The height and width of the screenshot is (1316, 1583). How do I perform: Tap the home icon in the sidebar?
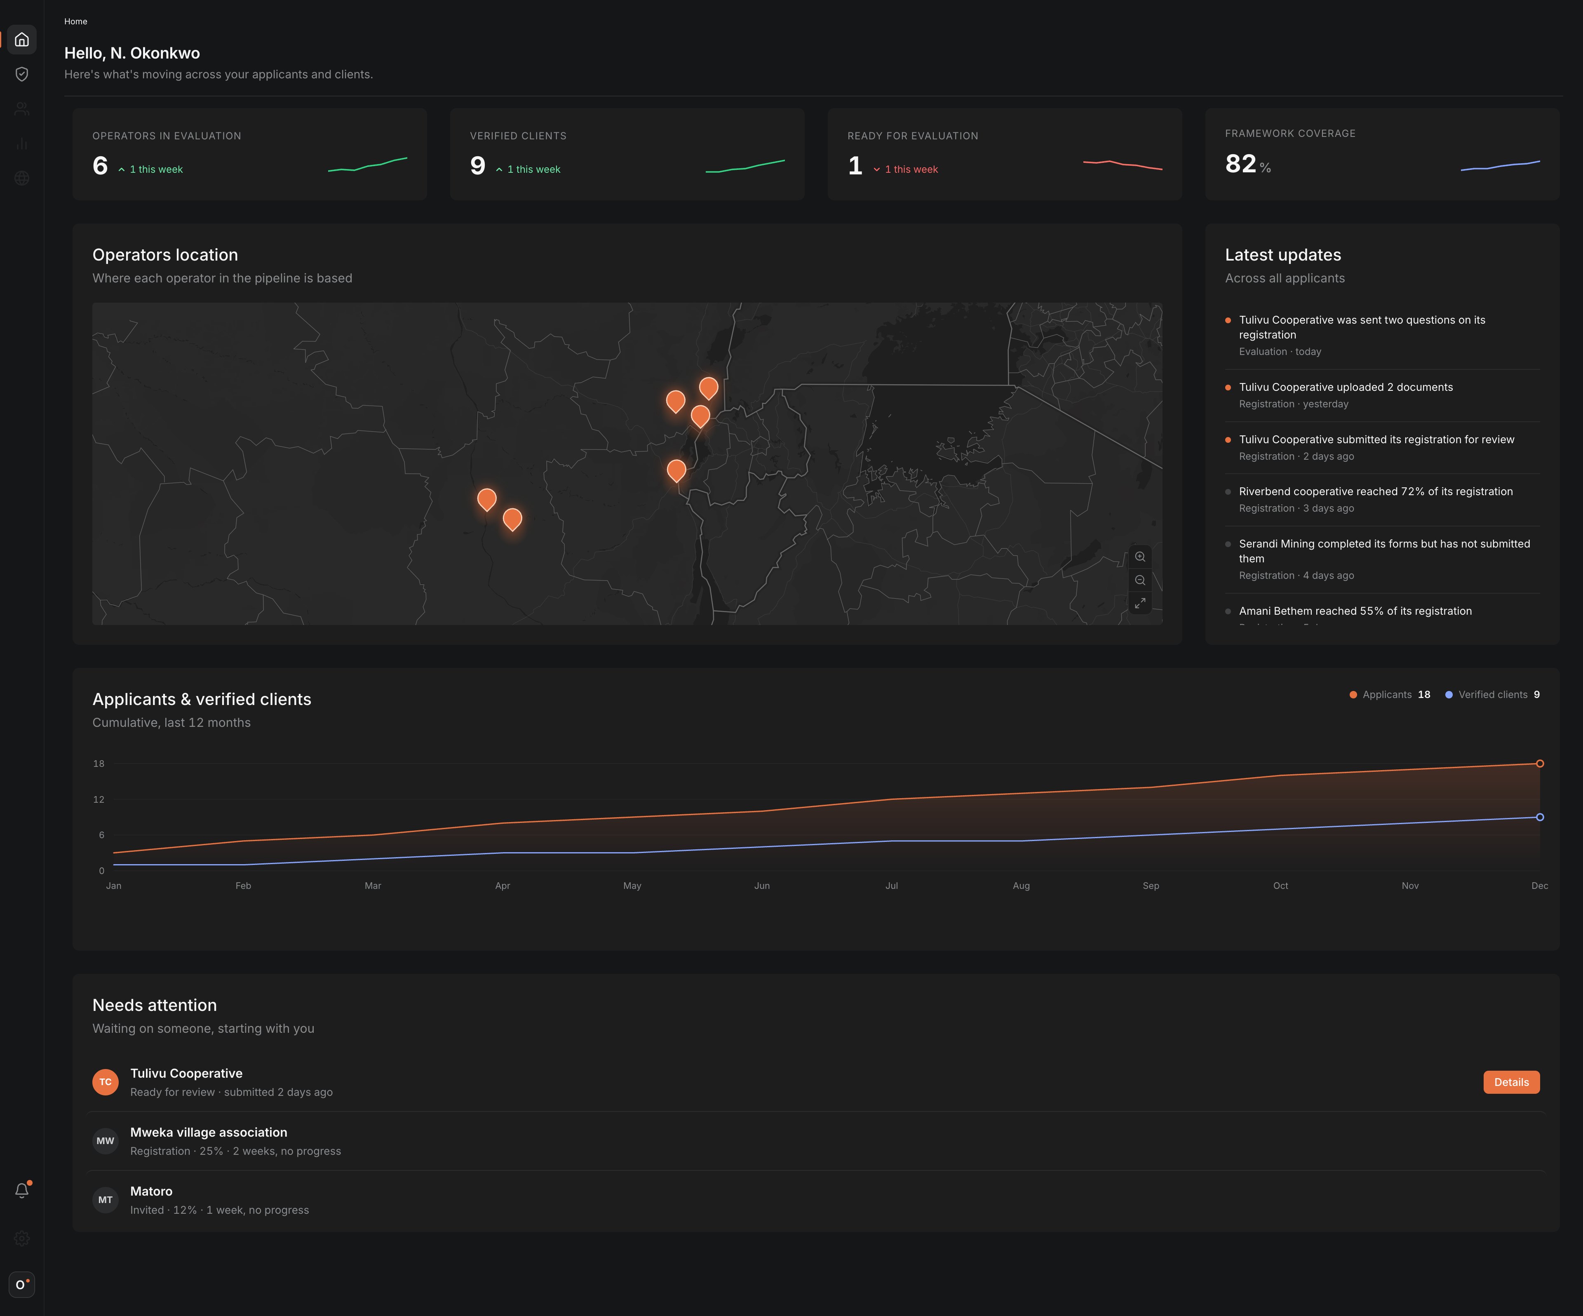point(22,39)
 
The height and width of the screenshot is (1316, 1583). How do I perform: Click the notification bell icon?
point(22,1190)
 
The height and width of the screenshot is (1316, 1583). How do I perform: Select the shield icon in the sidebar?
point(22,74)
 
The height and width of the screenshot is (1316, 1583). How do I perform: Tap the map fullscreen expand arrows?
point(1140,603)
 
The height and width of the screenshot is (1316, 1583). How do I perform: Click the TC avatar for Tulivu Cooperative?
point(106,1081)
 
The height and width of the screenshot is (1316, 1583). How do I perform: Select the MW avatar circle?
point(106,1140)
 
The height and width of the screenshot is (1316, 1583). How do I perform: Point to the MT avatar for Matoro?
point(106,1199)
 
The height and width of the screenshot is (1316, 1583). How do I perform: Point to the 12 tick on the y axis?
point(99,799)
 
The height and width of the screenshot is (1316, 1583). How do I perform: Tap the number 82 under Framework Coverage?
point(1241,164)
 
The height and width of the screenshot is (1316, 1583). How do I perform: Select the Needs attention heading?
point(155,1005)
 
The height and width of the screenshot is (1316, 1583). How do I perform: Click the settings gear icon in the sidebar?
point(22,1238)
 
